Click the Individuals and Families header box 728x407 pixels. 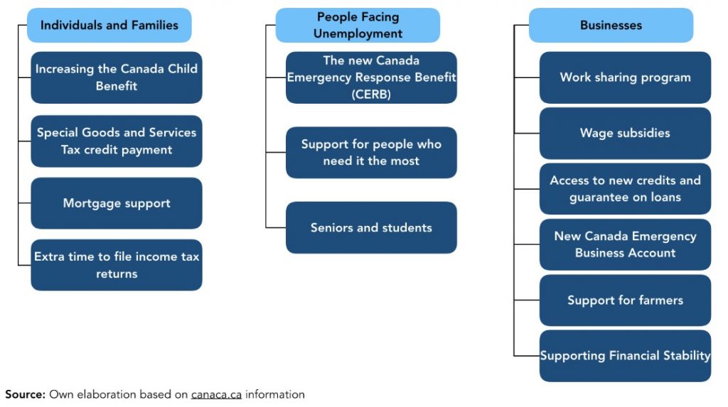pyautogui.click(x=109, y=25)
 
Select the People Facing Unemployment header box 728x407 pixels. pyautogui.click(x=358, y=25)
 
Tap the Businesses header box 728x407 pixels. pyautogui.click(x=611, y=25)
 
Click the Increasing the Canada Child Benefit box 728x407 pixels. pyautogui.click(x=117, y=77)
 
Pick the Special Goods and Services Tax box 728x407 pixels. pyautogui.click(x=117, y=141)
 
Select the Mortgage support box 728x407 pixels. pyautogui.click(x=117, y=203)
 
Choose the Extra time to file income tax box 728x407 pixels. pyautogui.click(x=117, y=265)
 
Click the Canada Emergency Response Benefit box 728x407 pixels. pyautogui.click(x=371, y=77)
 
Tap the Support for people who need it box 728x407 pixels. pyautogui.click(x=371, y=152)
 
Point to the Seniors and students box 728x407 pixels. pyautogui.click(x=371, y=227)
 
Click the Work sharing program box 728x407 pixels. pyautogui.click(x=625, y=77)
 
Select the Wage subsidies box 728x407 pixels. pyautogui.click(x=625, y=134)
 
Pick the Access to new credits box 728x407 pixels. pyautogui.click(x=625, y=189)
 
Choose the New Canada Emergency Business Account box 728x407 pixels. pyautogui.click(x=625, y=244)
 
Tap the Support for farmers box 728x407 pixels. pyautogui.click(x=625, y=300)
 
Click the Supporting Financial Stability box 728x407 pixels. pyautogui.click(x=625, y=356)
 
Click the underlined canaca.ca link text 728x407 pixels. pyautogui.click(x=216, y=395)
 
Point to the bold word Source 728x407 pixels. pyautogui.click(x=25, y=394)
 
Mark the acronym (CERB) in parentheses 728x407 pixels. pyautogui.click(x=371, y=94)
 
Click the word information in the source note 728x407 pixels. pyautogui.click(x=275, y=394)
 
